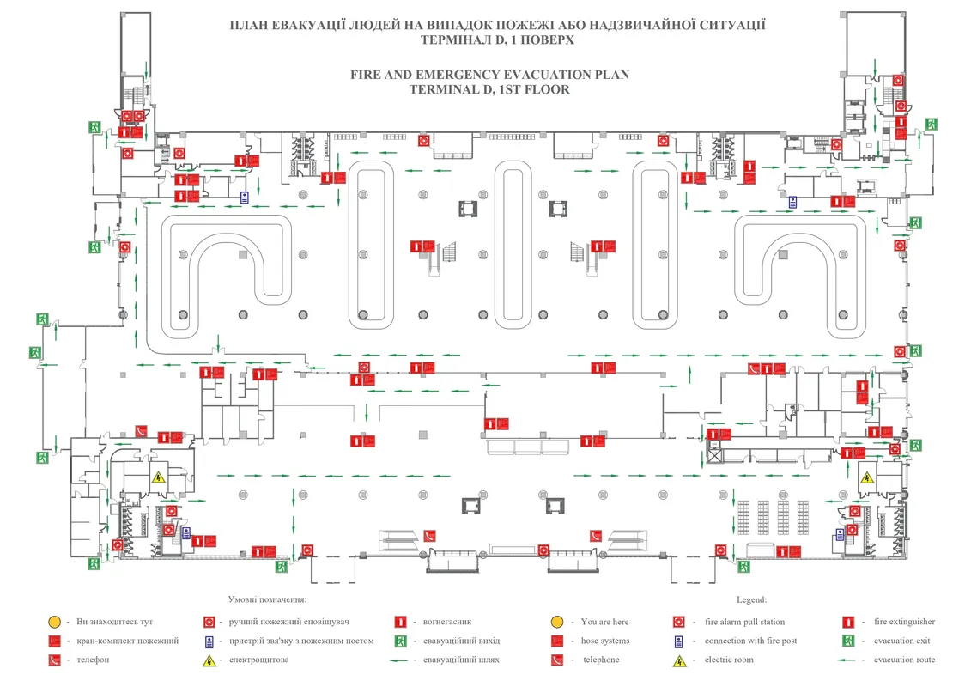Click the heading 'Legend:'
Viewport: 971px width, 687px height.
[x=751, y=600]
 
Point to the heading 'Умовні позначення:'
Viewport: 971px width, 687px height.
[x=267, y=600]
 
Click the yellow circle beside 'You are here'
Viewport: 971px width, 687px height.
[x=557, y=622]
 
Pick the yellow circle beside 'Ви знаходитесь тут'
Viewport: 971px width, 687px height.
[x=53, y=622]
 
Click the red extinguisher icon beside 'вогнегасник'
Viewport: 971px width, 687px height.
[x=399, y=622]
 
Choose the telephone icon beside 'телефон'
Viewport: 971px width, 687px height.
[x=53, y=660]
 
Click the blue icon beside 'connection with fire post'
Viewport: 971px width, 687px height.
[x=678, y=641]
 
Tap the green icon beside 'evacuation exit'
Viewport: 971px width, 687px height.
[x=848, y=641]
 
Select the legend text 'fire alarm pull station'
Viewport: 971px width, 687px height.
[x=744, y=622]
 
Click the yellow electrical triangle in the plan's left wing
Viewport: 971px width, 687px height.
[x=158, y=477]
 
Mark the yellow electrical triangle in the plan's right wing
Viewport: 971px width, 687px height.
[x=867, y=478]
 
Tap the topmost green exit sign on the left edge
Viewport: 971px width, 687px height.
[x=95, y=126]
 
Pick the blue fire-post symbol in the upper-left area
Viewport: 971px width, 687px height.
[x=245, y=198]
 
